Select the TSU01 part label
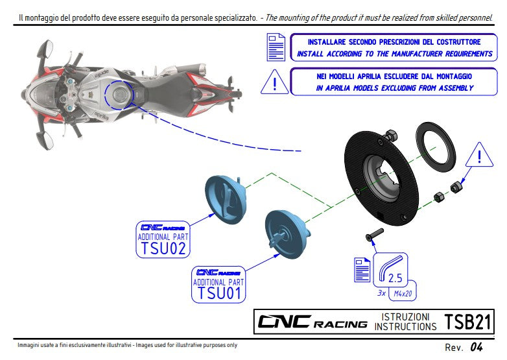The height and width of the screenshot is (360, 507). point(220,293)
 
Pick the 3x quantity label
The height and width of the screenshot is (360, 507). point(382,293)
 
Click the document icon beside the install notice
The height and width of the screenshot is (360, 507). point(276,47)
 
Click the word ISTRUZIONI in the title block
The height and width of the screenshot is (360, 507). point(405,316)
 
